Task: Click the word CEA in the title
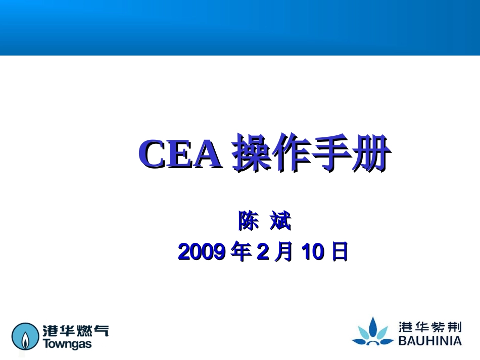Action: point(180,155)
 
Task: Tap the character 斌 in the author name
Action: point(280,222)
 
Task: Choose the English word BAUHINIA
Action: point(430,341)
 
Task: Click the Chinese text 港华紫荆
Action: point(430,327)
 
